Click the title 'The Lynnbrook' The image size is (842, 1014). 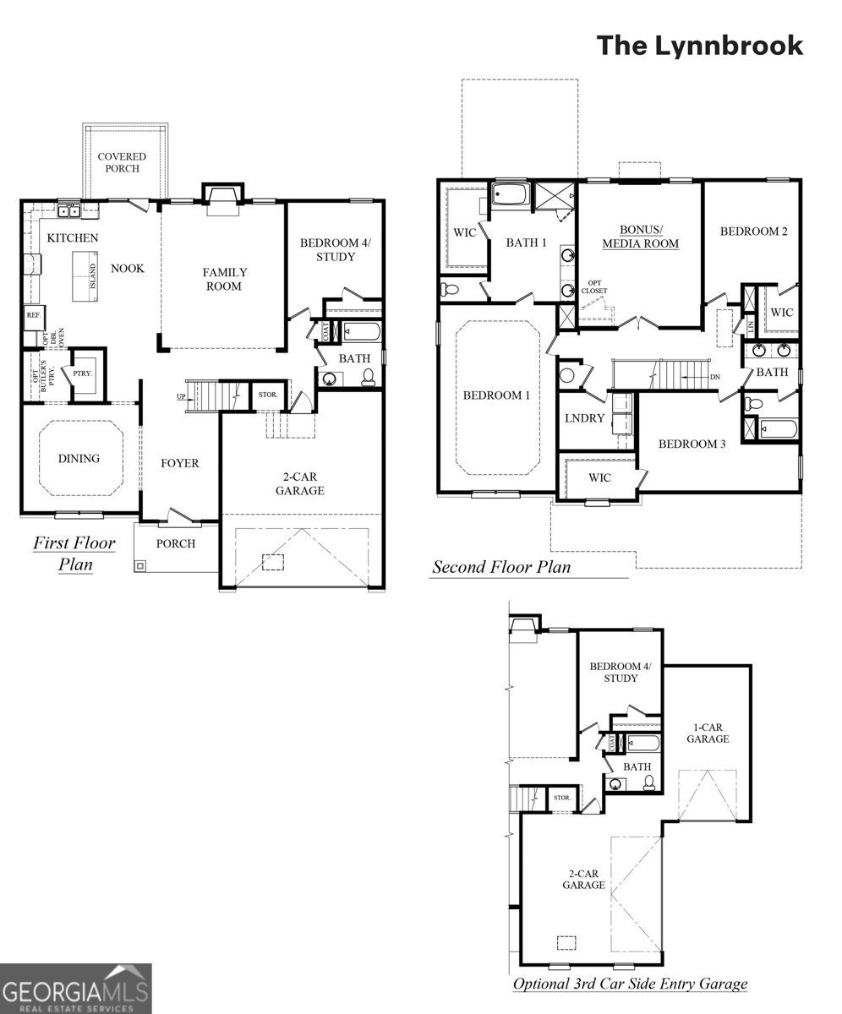(700, 46)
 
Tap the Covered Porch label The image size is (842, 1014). (122, 162)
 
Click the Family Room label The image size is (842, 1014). (224, 279)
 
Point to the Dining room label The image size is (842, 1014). (79, 459)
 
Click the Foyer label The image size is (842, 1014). (180, 463)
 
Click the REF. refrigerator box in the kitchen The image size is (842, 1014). (33, 315)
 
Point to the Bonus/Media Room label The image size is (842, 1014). (640, 237)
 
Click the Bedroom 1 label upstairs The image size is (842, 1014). (497, 395)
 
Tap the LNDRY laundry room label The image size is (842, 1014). (584, 418)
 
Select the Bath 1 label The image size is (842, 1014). (526, 243)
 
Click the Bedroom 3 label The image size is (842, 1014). (692, 444)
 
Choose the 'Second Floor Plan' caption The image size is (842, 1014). (501, 567)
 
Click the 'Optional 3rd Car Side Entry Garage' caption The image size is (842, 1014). (630, 984)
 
